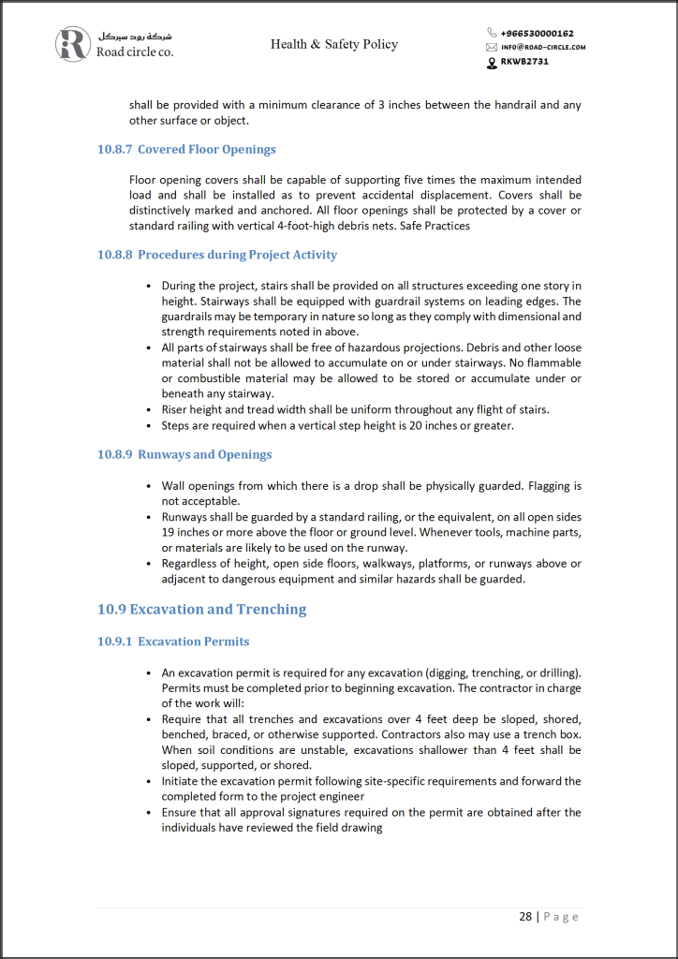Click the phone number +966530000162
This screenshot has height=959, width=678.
pyautogui.click(x=537, y=33)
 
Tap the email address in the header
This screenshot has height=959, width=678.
pyautogui.click(x=543, y=47)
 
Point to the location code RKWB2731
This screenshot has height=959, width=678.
pyautogui.click(x=524, y=62)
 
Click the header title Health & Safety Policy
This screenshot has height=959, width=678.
pyautogui.click(x=334, y=44)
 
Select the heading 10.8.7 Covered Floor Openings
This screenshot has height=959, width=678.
pyautogui.click(x=186, y=149)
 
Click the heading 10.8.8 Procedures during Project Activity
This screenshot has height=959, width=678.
pyautogui.click(x=217, y=255)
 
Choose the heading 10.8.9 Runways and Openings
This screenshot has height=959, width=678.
pyautogui.click(x=184, y=454)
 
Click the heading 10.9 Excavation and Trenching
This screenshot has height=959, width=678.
pyautogui.click(x=201, y=610)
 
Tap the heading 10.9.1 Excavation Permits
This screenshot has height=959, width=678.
pyautogui.click(x=173, y=642)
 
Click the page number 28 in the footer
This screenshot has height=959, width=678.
pyautogui.click(x=525, y=916)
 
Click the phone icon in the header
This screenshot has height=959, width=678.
pyautogui.click(x=492, y=33)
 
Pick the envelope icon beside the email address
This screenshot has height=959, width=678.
pyautogui.click(x=492, y=47)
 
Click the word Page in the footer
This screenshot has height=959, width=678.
pyautogui.click(x=561, y=916)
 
